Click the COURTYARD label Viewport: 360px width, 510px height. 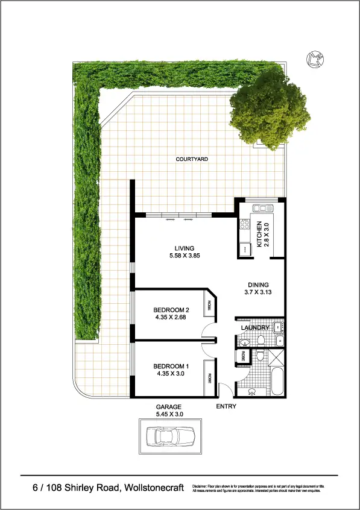[x=192, y=159]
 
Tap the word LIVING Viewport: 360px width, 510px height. [x=184, y=248]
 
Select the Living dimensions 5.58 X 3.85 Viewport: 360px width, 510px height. [x=184, y=256]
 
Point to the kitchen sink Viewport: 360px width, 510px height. [x=263, y=209]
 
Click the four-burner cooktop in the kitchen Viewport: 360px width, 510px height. [x=245, y=225]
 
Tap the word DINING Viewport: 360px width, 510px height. [x=257, y=285]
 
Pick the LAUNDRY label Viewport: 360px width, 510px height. [x=254, y=328]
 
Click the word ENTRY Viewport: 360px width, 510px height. [x=226, y=406]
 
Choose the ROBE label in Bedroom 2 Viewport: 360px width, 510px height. [x=210, y=306]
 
